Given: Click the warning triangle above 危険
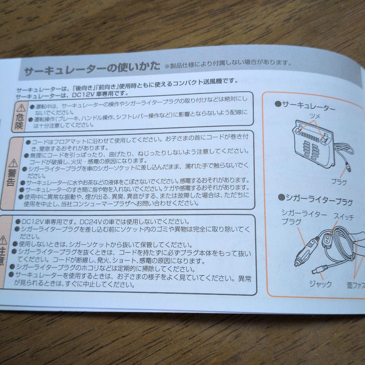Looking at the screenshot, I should (21, 108).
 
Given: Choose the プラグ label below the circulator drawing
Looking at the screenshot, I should (338, 182).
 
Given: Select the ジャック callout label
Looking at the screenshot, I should (320, 284).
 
